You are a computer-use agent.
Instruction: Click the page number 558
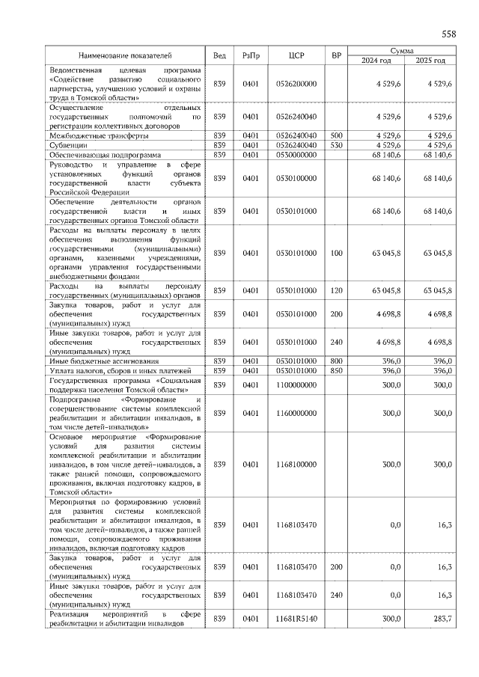point(448,34)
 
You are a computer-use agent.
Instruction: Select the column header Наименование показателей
point(126,55)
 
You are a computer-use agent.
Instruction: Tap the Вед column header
point(219,55)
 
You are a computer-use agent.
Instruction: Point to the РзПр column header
point(251,55)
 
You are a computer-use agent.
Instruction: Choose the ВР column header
point(336,55)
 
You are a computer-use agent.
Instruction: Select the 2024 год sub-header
point(376,61)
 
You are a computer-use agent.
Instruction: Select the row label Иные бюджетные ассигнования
point(104,361)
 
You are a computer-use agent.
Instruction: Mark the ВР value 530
point(336,145)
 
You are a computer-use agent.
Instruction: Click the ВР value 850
point(336,370)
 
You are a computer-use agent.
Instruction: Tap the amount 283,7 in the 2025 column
point(442,619)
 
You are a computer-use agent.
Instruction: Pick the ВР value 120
point(336,290)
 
